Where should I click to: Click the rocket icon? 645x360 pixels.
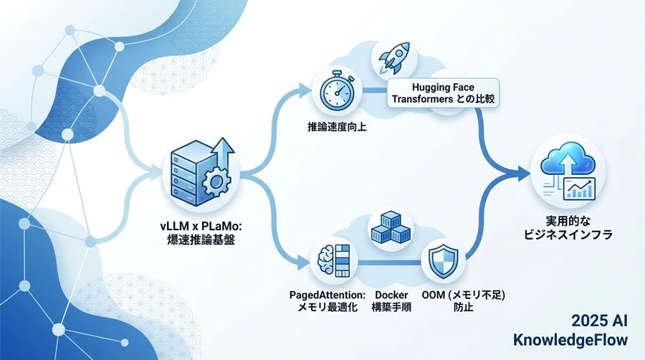[x=393, y=58]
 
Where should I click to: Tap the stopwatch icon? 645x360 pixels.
[x=337, y=90]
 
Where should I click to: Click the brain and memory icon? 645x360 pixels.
[x=333, y=260]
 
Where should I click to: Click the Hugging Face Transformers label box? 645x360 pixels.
[x=443, y=93]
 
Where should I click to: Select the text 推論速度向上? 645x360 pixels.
[x=337, y=126]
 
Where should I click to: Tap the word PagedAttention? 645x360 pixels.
[x=328, y=295]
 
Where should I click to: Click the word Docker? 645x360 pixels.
[x=391, y=295]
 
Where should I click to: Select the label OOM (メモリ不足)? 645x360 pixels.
[x=463, y=295]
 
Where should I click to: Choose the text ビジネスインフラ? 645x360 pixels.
[x=568, y=235]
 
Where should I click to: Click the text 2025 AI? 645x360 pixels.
[x=600, y=321]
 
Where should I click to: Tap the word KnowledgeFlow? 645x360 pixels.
[x=570, y=340]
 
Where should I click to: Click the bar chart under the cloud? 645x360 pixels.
[x=579, y=189]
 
